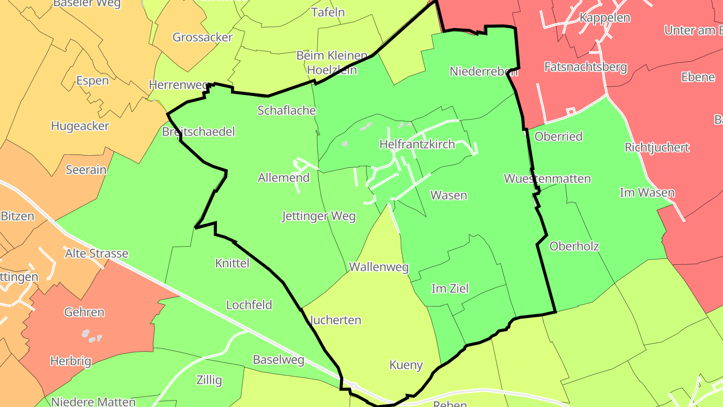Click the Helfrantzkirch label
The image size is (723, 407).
[417, 145]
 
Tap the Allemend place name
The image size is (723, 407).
[284, 177]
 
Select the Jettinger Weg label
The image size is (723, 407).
[319, 217]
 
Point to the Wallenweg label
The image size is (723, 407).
[379, 267]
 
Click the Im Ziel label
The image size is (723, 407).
[450, 288]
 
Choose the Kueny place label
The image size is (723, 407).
[406, 365]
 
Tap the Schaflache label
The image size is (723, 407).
[286, 111]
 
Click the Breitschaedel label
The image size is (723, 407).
[198, 132]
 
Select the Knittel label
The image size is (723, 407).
[232, 263]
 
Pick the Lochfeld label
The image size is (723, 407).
[249, 305]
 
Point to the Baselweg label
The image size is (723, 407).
[279, 360]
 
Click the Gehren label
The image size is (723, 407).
[84, 312]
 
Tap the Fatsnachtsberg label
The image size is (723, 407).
[585, 67]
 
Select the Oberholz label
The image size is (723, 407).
[574, 246]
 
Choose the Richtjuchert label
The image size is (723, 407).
[657, 148]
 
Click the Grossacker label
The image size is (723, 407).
[202, 37]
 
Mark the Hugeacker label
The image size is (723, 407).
[80, 126]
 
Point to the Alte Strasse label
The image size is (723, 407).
[96, 253]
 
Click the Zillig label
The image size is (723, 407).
[209, 380]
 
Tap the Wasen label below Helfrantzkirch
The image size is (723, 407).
[449, 195]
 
